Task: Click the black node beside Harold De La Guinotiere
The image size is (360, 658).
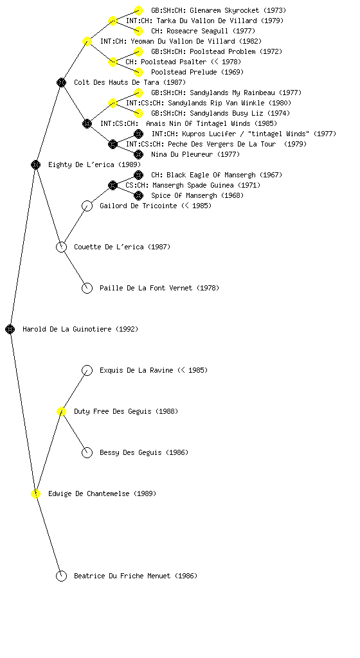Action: [x=10, y=329]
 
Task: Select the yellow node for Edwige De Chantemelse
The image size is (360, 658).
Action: [x=35, y=493]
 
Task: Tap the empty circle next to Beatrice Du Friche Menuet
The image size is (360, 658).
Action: [x=61, y=576]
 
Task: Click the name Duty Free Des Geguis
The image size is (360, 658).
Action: [x=113, y=411]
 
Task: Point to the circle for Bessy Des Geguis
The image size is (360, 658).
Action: [x=87, y=452]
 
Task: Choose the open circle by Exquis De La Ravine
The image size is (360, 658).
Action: [x=87, y=370]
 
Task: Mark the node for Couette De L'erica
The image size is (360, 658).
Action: [x=61, y=247]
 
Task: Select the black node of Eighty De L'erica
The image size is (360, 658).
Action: [x=35, y=164]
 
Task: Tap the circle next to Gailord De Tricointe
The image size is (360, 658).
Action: [x=87, y=206]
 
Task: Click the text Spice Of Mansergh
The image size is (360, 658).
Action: [x=184, y=195]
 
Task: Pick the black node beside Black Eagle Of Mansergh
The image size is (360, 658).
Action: [x=138, y=175]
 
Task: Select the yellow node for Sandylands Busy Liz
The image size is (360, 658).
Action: [x=138, y=113]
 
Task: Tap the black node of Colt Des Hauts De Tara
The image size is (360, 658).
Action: [x=61, y=82]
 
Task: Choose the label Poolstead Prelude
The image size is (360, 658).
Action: [x=184, y=72]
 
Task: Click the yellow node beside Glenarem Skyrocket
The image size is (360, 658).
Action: [x=138, y=10]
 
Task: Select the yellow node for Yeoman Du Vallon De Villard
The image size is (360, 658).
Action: [x=87, y=41]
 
